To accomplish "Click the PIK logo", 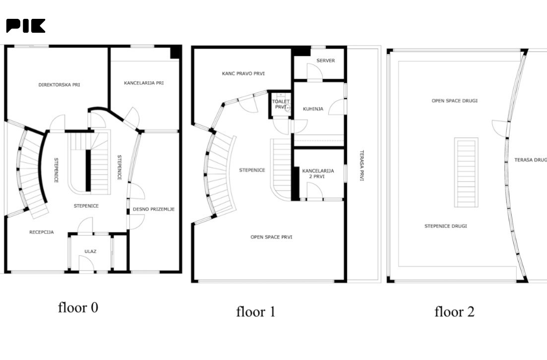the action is coord(25,26).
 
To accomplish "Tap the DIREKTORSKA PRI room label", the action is coord(60,85).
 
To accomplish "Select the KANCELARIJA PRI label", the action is coord(144,83).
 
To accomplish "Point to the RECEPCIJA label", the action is coord(42,233).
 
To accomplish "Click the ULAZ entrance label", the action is coord(90,251).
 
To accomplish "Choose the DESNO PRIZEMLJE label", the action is coord(154,209).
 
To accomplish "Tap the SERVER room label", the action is coord(325,60).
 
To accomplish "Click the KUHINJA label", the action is coord(313,109).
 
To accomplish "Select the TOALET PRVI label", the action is coord(281,104).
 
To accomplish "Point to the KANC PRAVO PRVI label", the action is coord(243,73).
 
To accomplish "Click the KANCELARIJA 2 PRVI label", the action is coord(318,174).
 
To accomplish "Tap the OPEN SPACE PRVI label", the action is coord(271,237).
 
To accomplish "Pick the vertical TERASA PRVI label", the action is coord(362,165).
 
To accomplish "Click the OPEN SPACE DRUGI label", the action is coord(455,101).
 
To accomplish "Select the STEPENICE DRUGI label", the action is coord(445,226).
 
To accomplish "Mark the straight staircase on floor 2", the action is coord(466,173).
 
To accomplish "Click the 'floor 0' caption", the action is coord(78,307).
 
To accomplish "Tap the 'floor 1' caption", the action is coord(256,311).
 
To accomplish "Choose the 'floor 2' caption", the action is coord(455,311).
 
